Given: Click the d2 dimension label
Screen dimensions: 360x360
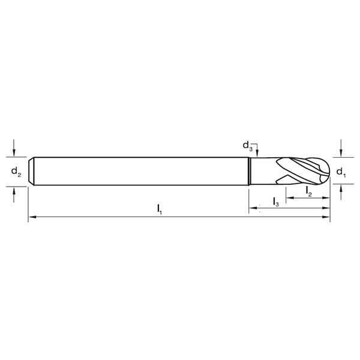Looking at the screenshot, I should pyautogui.click(x=16, y=172).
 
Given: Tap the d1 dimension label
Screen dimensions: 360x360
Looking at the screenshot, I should pyautogui.click(x=340, y=172).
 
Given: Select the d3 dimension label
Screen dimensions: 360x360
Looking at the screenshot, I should pyautogui.click(x=247, y=145).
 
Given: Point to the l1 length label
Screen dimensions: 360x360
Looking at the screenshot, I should pyautogui.click(x=159, y=208).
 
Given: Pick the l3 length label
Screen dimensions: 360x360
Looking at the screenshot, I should pyautogui.click(x=275, y=202).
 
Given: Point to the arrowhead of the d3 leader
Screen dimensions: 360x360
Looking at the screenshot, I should pyautogui.click(x=257, y=155).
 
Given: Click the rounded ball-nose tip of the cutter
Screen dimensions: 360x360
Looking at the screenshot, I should pyautogui.click(x=327, y=172).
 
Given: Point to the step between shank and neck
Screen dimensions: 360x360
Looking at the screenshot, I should pyautogui.click(x=249, y=172).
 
